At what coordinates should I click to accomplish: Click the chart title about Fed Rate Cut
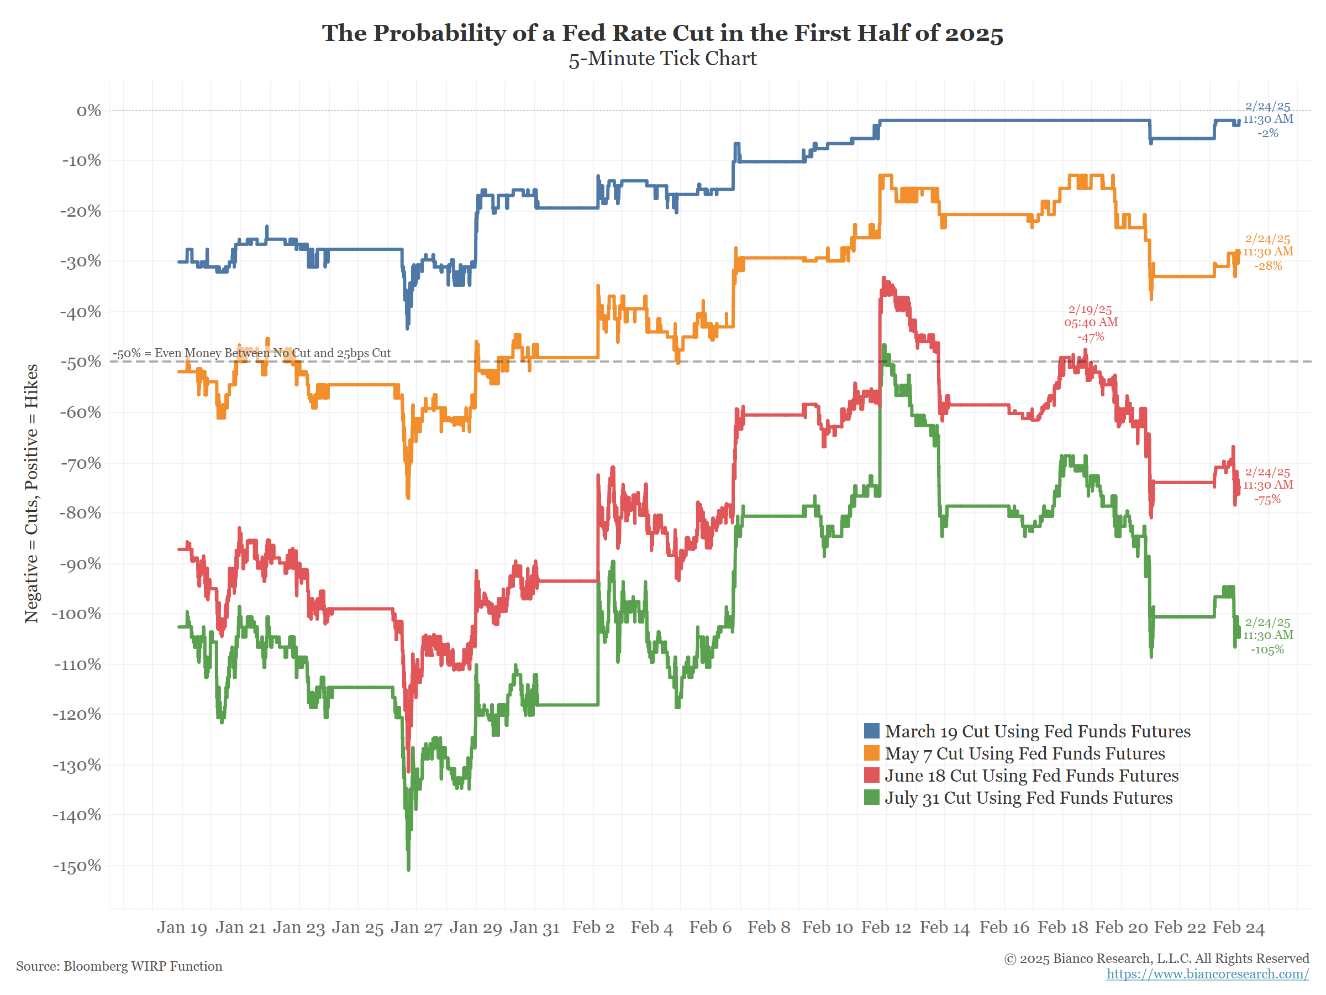(662, 33)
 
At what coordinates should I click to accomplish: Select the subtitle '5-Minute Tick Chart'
(662, 59)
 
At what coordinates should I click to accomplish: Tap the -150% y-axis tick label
(77, 866)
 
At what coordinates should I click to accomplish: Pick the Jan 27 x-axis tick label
(416, 927)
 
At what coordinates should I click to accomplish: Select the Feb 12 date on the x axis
(886, 927)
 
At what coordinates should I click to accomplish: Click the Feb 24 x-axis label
(1239, 927)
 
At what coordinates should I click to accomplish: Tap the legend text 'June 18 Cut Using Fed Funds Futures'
(1031, 775)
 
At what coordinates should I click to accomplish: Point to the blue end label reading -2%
(1267, 133)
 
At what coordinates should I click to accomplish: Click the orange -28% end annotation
(1268, 265)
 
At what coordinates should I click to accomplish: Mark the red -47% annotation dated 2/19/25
(1091, 337)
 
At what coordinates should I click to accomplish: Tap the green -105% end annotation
(1267, 649)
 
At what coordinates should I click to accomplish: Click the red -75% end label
(1267, 499)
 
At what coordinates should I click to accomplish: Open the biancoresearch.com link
(1207, 973)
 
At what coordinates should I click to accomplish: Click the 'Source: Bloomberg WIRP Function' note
(119, 966)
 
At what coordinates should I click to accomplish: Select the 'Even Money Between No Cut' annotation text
(252, 353)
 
